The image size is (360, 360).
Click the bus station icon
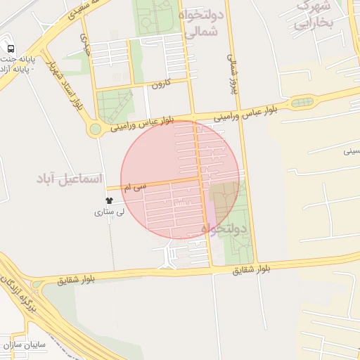pyautogui.click(x=11, y=49)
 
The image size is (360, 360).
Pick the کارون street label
pyautogui.click(x=160, y=84)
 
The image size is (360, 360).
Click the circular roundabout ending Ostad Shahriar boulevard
pyautogui.click(x=94, y=129)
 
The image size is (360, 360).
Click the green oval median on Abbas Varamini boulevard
pyautogui.click(x=302, y=103)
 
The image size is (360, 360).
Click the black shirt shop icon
pyautogui.click(x=108, y=200)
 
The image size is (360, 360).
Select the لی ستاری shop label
pyautogui.click(x=109, y=211)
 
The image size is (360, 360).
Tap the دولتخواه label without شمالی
pyautogui.click(x=224, y=229)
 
